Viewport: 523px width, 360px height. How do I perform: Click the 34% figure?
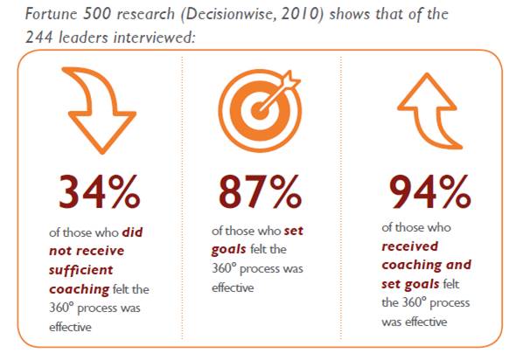100,192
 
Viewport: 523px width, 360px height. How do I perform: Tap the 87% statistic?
260,192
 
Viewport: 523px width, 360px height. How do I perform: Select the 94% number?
430,192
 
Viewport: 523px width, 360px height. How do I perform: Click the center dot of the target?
260,111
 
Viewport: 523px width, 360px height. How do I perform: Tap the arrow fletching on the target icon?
291,80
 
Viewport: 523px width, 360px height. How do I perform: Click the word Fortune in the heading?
51,14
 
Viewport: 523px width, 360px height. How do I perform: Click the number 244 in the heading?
39,37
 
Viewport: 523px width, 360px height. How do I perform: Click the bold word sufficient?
81,270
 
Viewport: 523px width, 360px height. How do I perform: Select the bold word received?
410,246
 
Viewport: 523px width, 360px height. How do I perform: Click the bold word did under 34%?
132,232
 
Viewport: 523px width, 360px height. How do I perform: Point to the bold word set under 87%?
294,231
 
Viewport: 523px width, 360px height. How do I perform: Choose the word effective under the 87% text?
233,287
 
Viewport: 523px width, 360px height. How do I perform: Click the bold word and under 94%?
458,265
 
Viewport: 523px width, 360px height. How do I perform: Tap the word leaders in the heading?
83,37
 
